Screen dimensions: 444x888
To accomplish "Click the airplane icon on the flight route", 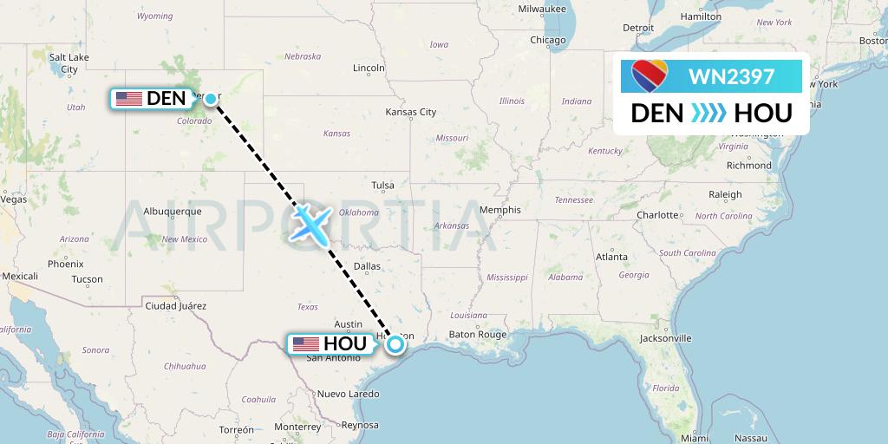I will [x=309, y=222].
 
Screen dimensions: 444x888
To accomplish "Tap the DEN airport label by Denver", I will [x=152, y=99].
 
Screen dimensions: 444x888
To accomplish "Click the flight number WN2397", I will [x=731, y=76].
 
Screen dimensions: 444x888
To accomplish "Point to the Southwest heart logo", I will [x=650, y=77].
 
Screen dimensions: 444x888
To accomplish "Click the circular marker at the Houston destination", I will [x=395, y=344].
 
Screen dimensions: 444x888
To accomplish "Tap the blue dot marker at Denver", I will [x=211, y=98].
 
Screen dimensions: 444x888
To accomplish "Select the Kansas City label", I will [x=411, y=112].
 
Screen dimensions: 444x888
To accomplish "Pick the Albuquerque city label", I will [x=172, y=211].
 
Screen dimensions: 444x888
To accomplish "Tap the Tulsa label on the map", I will [x=382, y=185].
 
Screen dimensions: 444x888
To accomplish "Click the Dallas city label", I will [x=367, y=266].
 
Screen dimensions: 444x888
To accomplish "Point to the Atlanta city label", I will [x=611, y=257].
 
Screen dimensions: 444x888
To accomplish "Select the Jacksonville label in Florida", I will [x=665, y=338].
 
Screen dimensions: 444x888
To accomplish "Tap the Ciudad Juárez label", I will [x=176, y=305].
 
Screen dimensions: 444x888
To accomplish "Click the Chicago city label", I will [x=547, y=40].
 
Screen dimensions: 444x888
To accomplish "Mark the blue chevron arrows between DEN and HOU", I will [x=710, y=113].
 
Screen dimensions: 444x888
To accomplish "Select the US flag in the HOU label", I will [x=305, y=344].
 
